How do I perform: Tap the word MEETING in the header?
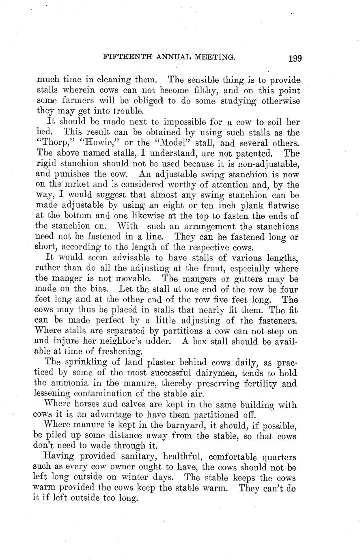(x=214, y=57)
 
